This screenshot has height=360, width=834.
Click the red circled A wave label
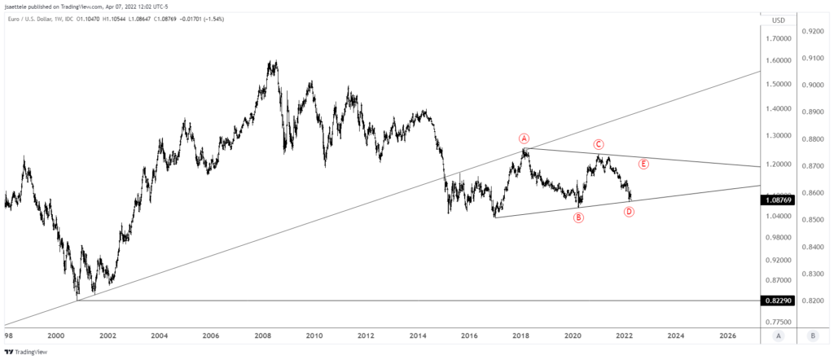click(x=525, y=138)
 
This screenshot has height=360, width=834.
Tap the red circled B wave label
click(x=578, y=217)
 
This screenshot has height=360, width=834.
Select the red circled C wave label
click(x=598, y=144)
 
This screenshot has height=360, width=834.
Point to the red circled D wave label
click(x=629, y=212)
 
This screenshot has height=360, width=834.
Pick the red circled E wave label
click(x=643, y=164)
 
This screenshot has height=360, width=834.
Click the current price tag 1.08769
click(x=782, y=199)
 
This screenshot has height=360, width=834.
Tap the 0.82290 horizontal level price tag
click(x=782, y=301)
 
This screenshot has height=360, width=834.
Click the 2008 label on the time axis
click(x=262, y=335)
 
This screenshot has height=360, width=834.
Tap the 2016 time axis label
click(x=469, y=335)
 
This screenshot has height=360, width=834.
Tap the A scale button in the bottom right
click(x=779, y=335)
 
